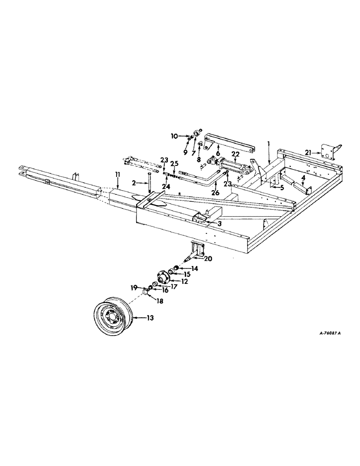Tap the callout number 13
150,318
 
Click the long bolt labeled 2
148,182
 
